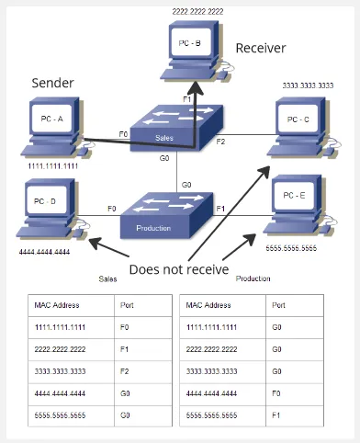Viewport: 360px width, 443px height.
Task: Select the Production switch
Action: click(x=166, y=217)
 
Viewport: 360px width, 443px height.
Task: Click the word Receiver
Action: click(x=261, y=47)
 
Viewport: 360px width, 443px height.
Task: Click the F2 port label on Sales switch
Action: click(x=220, y=142)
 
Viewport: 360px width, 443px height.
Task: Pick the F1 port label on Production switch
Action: click(x=220, y=210)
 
